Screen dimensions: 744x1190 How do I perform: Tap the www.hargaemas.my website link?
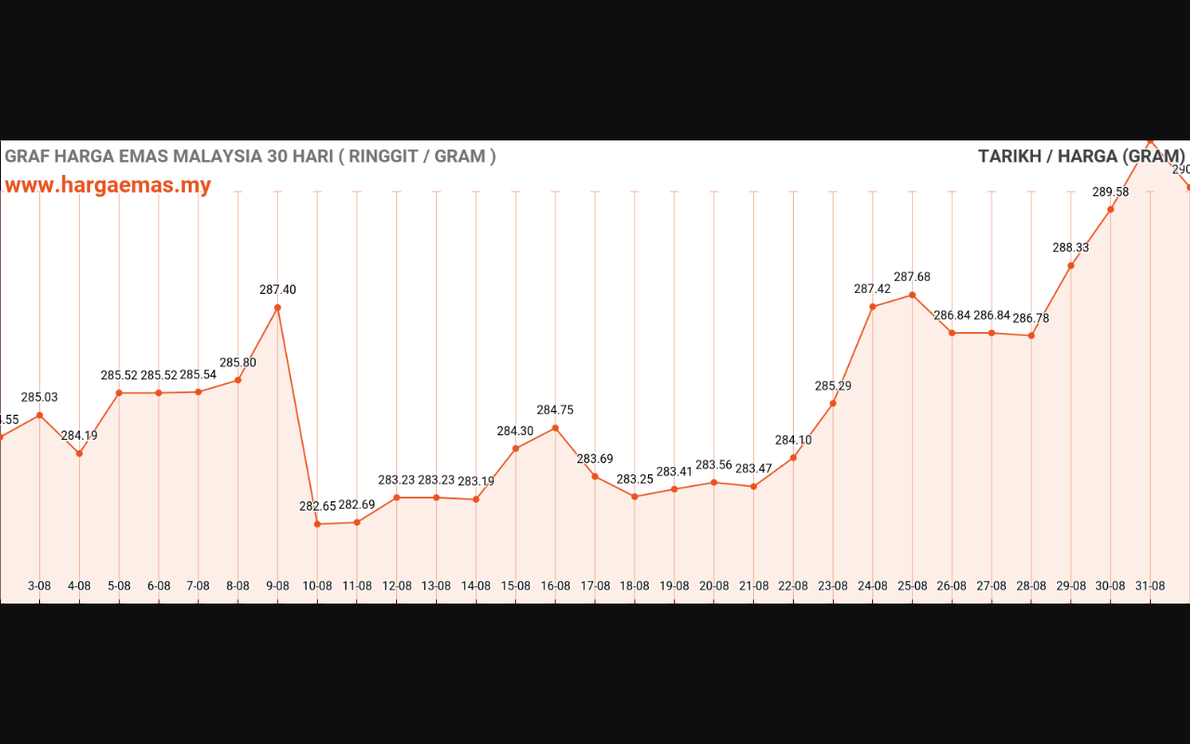point(108,185)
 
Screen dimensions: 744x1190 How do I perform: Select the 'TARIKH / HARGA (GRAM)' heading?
point(1081,156)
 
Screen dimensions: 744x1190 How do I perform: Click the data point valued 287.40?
point(277,308)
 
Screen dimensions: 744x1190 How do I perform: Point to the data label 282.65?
point(317,507)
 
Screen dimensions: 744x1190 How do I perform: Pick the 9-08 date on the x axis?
point(277,586)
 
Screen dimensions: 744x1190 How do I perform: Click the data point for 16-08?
point(555,428)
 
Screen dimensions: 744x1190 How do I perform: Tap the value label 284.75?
point(555,410)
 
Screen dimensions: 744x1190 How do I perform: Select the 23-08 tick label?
point(833,586)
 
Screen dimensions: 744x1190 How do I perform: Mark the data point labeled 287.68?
point(912,295)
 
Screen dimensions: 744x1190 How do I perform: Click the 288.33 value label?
point(1071,248)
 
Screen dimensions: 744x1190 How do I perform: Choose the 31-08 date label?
point(1150,586)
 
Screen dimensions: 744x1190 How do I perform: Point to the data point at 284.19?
point(79,454)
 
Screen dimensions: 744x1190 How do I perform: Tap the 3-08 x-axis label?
point(39,586)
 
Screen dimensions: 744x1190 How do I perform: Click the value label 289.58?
point(1110,193)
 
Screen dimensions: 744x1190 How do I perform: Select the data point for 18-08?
point(634,497)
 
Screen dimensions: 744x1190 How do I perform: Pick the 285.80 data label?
point(237,363)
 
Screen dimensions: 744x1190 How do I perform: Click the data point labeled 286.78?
point(1031,336)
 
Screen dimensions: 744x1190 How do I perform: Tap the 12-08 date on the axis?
point(396,586)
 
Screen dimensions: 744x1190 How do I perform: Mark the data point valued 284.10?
point(793,458)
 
